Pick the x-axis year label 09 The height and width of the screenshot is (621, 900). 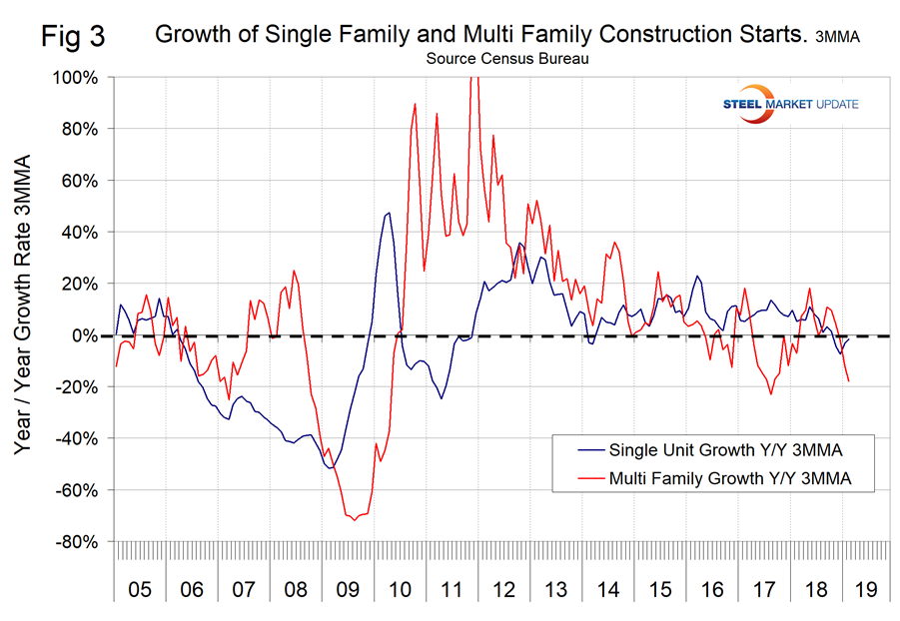pos(347,589)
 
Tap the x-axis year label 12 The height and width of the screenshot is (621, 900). pos(502,589)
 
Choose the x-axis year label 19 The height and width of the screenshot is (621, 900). pos(866,589)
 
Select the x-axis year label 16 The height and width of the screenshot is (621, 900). pos(710,589)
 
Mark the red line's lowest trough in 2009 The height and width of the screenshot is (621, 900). pos(355,519)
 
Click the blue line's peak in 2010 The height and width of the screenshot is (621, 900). pos(389,213)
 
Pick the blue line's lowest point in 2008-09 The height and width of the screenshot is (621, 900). pos(330,467)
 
